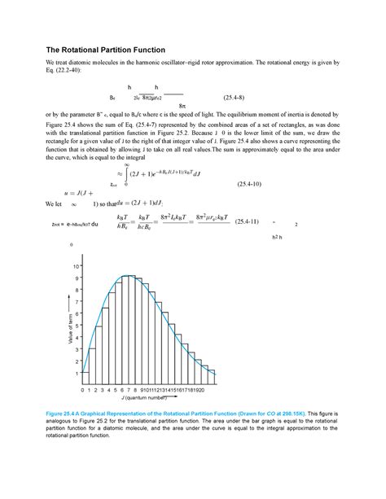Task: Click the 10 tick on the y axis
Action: pyautogui.click(x=77, y=266)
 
